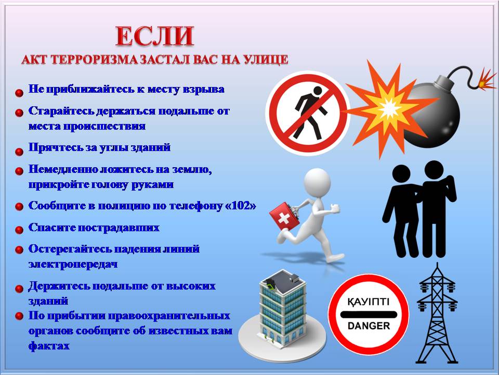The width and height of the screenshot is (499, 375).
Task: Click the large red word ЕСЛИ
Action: point(155,36)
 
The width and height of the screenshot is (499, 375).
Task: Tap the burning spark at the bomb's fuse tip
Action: point(485,81)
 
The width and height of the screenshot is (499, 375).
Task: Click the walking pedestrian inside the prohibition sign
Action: point(311,114)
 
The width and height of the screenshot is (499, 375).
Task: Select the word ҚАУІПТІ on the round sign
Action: point(369,302)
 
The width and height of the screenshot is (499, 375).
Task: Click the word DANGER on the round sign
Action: point(369,326)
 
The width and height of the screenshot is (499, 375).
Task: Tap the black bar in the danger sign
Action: point(369,314)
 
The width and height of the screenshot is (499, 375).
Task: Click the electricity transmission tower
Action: point(437,314)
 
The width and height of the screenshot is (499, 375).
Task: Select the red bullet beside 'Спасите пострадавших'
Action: point(19,230)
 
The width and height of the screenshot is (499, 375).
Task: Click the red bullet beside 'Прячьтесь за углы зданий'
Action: point(19,152)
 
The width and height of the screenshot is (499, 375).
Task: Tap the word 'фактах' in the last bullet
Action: point(49,346)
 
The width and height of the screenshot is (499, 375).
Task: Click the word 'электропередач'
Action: point(73,265)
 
